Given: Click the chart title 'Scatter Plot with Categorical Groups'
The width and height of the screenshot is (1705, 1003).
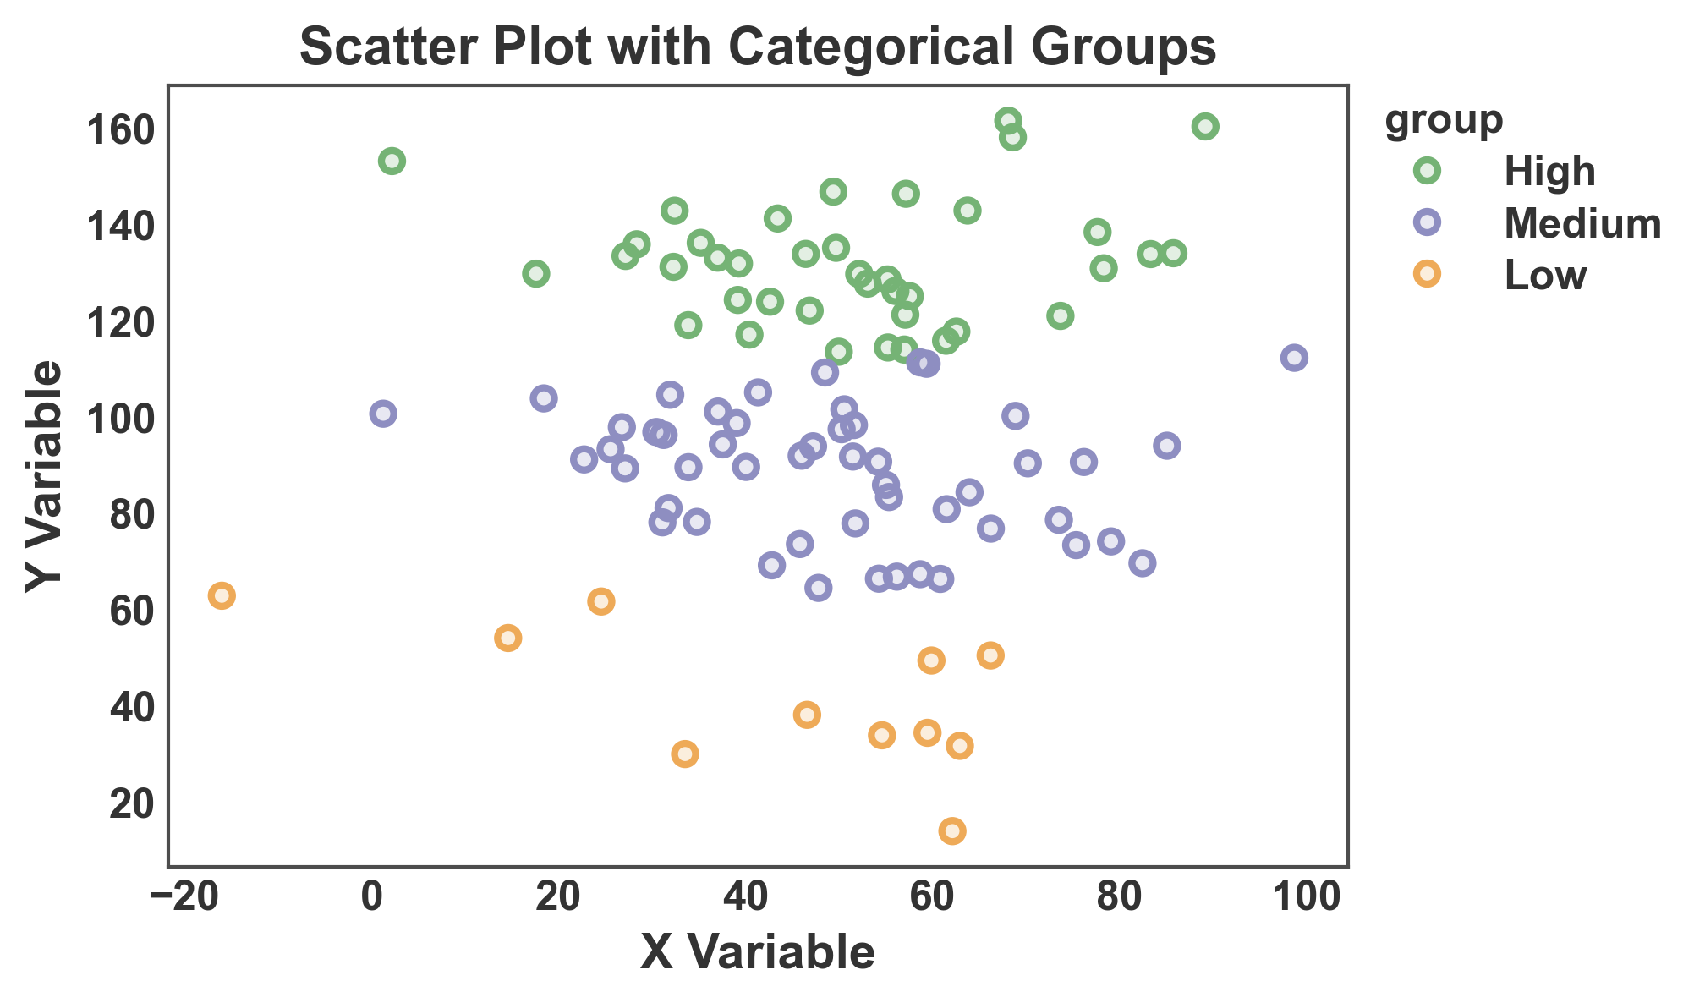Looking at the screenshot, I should [x=758, y=47].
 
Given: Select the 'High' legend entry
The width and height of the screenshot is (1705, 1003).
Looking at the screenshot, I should [x=1549, y=173].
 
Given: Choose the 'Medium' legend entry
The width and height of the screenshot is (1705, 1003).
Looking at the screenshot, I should [x=1582, y=224].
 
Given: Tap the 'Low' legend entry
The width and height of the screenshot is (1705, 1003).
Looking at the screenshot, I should [x=1545, y=276].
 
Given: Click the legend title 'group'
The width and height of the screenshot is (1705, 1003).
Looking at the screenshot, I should [x=1444, y=120].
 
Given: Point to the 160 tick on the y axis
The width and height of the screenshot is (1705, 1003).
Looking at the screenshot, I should [x=121, y=130].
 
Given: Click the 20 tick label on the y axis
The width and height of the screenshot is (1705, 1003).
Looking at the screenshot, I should [x=132, y=803].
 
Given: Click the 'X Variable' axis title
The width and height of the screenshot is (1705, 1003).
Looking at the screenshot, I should [x=758, y=953].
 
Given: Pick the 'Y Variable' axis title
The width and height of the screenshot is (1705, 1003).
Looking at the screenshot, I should [x=44, y=477].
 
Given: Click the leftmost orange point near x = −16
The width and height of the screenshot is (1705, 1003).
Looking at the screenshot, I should [x=222, y=595].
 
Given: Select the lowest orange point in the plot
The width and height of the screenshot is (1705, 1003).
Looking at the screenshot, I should [x=952, y=831].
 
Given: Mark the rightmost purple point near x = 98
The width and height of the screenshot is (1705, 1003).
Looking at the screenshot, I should [x=1294, y=358].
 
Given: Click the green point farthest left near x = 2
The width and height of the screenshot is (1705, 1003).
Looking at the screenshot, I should [x=392, y=161].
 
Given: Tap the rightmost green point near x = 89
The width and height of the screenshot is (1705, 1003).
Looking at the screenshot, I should [x=1205, y=126].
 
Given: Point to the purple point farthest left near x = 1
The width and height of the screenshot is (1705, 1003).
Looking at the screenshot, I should [x=383, y=414].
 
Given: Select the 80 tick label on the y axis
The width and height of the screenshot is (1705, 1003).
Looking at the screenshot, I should [x=132, y=515].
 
